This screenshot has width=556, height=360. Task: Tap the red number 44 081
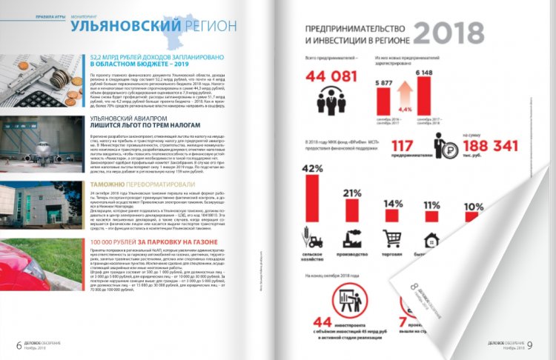click(x=326, y=78)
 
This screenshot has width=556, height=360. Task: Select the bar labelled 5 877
click(x=384, y=100)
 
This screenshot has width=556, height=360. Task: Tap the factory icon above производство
click(x=351, y=238)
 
